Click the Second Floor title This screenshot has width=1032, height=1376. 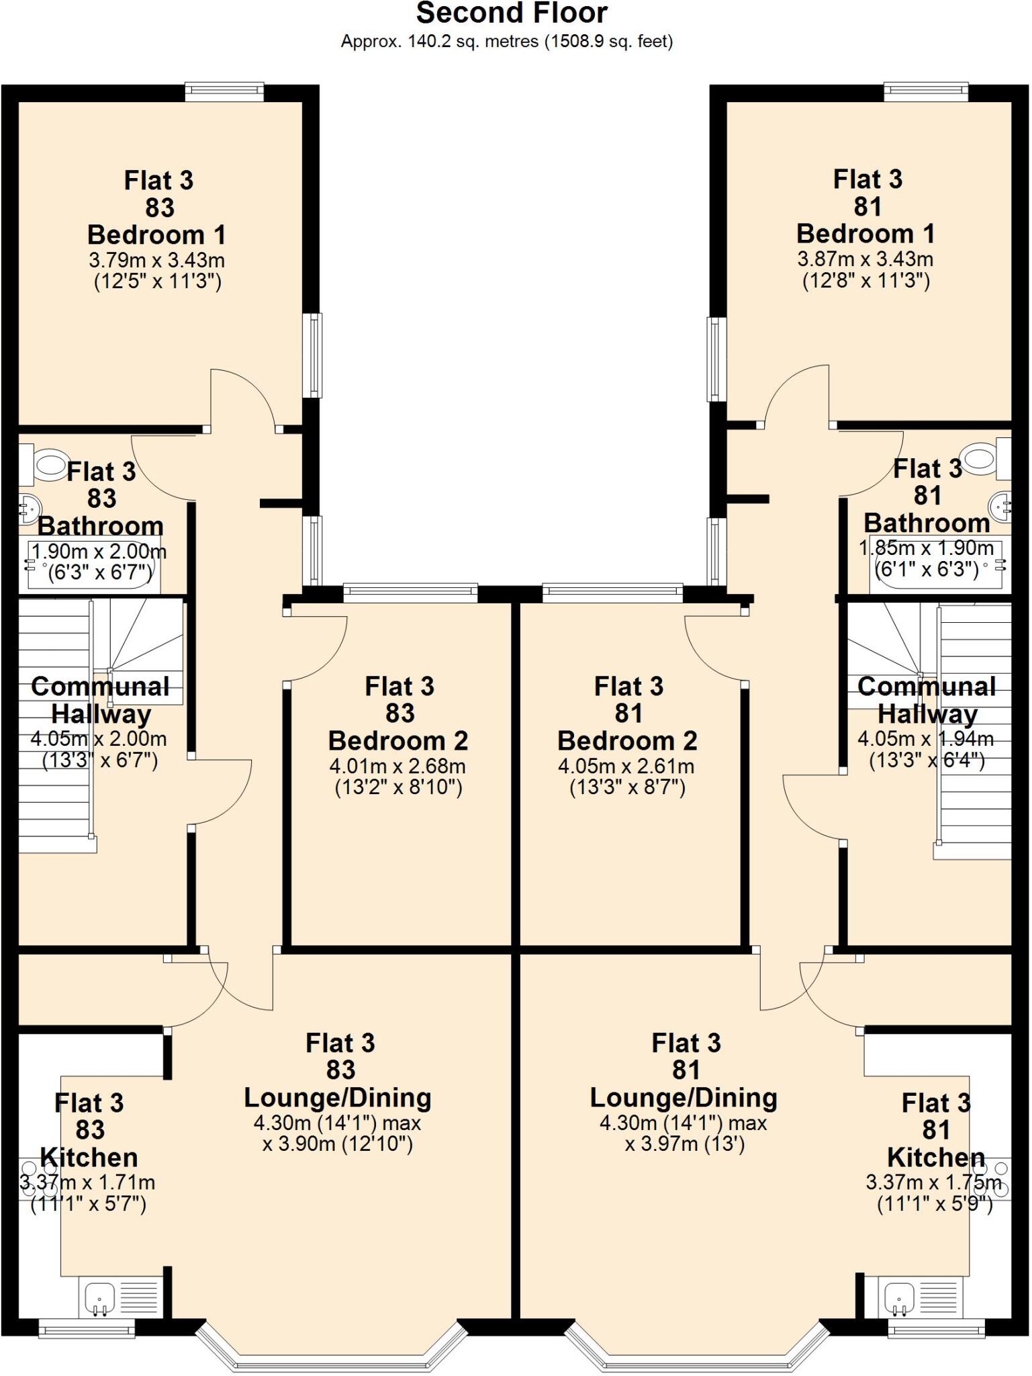(512, 13)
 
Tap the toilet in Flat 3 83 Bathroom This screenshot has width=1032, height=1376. (47, 464)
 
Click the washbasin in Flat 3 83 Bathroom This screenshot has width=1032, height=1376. (29, 509)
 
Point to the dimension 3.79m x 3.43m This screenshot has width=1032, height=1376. (156, 260)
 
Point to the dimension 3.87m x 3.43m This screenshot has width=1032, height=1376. (865, 259)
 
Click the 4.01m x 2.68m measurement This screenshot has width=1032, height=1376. (397, 766)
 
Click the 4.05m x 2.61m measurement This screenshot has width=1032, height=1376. (626, 766)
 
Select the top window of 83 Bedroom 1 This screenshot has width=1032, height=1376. (224, 91)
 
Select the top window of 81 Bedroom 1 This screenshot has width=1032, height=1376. (926, 91)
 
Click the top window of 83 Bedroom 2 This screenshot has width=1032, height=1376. (410, 593)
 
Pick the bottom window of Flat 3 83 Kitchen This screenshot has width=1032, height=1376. (86, 1328)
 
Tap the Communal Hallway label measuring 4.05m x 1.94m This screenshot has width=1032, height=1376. (927, 700)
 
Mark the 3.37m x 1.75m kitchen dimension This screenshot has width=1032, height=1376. (933, 1182)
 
